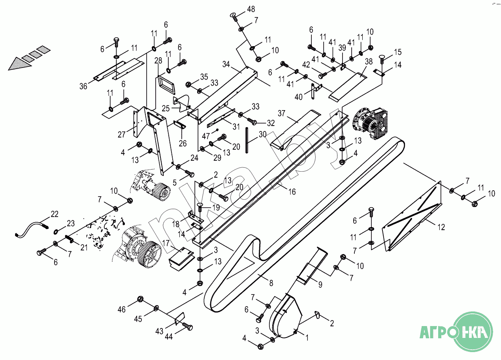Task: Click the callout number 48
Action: pos(251,9)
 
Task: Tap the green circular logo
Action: pos(473,331)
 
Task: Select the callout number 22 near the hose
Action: pos(55,214)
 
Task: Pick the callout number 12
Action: pos(441,227)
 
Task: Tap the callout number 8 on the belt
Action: pos(271,283)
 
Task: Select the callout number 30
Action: pos(263,135)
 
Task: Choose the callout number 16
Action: pos(292,192)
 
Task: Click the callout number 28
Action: pos(158,61)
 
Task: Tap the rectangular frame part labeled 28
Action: pos(165,84)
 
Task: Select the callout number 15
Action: pos(397,52)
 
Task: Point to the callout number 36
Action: pos(83,86)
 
